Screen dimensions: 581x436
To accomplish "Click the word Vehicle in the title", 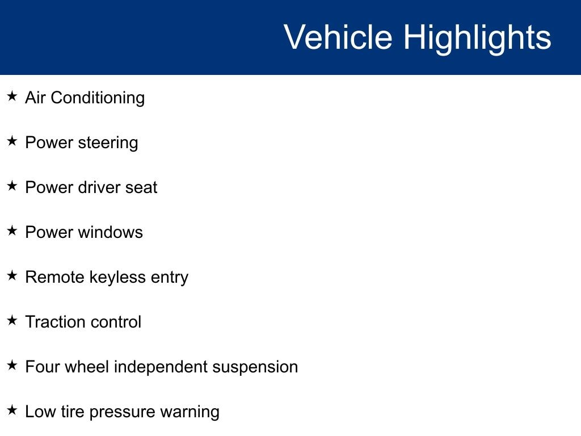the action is (x=338, y=37).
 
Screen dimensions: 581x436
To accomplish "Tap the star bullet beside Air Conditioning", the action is (x=12, y=96).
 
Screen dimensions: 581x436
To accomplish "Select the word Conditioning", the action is (x=98, y=98).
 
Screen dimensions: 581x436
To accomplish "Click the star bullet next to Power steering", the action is (x=12, y=141).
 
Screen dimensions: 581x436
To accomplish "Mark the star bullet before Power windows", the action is (x=12, y=230).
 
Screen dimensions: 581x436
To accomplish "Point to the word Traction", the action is (x=55, y=322).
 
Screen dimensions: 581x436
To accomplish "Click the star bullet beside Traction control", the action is (x=12, y=320).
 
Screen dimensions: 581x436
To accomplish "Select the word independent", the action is (x=161, y=368).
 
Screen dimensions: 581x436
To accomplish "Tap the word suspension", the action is (x=255, y=368).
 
